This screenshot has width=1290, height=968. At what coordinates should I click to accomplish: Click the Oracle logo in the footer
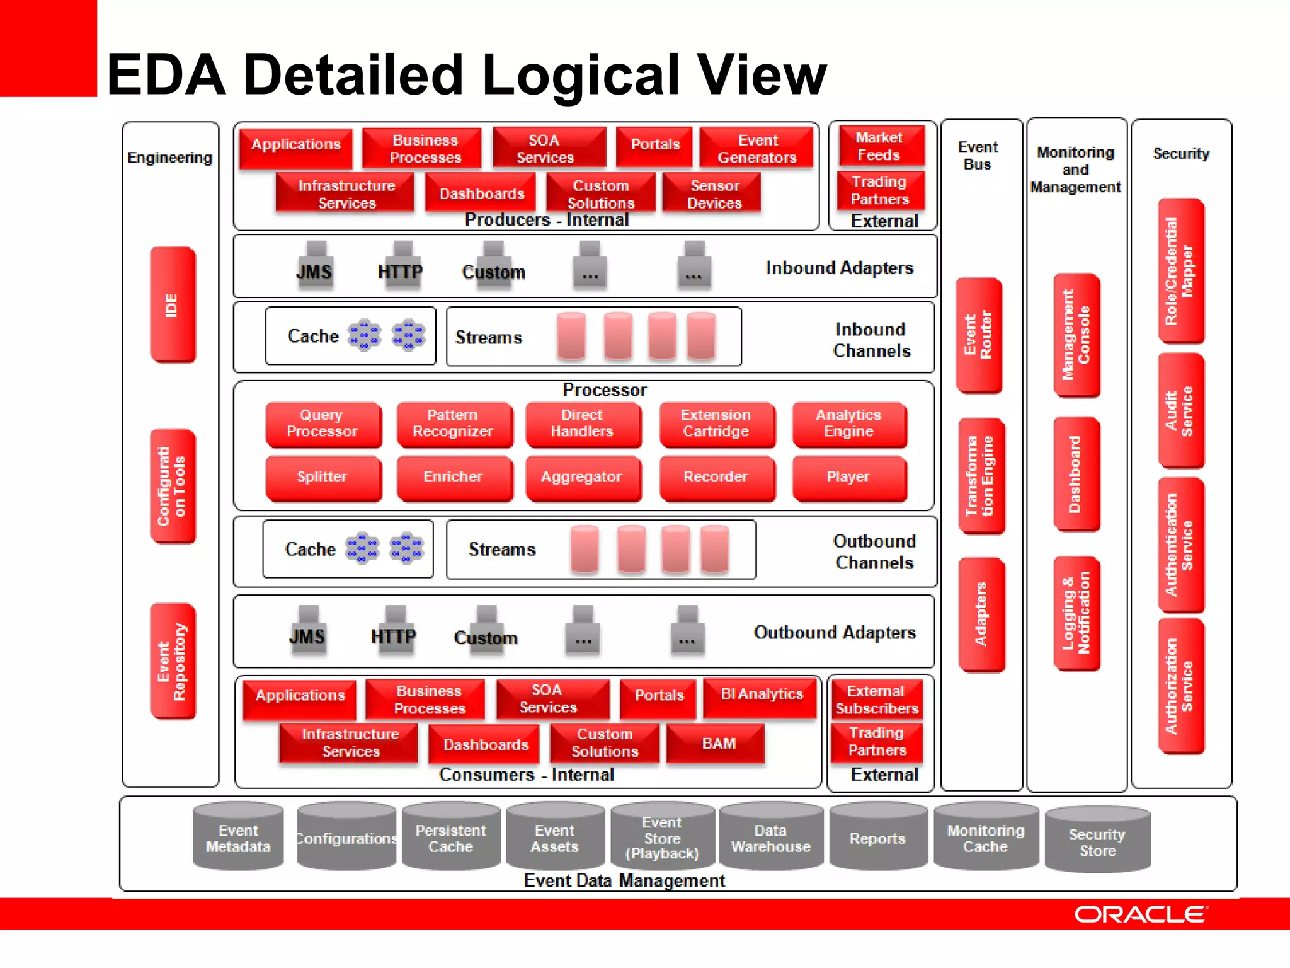(1140, 914)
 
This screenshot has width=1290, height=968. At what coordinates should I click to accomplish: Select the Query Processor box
(322, 423)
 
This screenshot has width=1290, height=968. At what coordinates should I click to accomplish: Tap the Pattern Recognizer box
(453, 423)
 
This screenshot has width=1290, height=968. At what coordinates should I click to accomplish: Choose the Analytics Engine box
(848, 423)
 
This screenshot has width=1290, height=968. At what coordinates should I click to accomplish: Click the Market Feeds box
(880, 146)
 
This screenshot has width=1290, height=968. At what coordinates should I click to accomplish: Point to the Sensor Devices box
(714, 194)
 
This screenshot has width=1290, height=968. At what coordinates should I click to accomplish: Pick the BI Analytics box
(761, 694)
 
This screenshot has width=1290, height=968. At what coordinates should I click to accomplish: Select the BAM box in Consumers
(717, 744)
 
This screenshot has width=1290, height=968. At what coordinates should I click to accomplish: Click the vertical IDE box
(173, 304)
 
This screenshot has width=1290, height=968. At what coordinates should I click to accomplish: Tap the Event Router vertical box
(979, 335)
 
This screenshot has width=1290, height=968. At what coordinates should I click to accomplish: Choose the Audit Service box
(1180, 411)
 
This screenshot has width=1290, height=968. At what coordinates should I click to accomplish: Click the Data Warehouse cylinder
(770, 838)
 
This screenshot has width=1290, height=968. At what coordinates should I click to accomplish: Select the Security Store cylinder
(1097, 842)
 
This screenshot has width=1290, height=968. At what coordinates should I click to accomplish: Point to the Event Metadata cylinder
(238, 838)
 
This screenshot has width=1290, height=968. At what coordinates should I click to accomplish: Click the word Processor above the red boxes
(604, 390)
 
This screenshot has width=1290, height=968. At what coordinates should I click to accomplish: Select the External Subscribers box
(876, 700)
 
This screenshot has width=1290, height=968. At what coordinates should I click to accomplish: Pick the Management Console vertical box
(1076, 335)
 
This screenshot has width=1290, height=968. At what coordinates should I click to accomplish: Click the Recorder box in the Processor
(716, 477)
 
